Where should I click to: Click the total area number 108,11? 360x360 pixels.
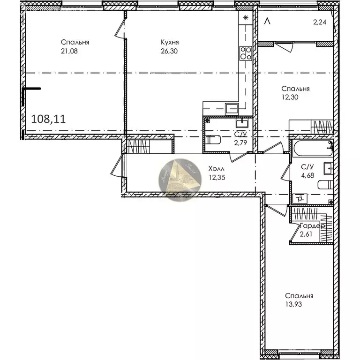coord(48,119)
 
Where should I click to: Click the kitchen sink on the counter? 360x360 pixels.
coord(232,109)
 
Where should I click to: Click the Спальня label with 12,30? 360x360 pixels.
coord(295,89)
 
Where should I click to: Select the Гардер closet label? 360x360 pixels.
coord(313,226)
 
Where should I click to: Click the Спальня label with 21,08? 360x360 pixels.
coord(75,42)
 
